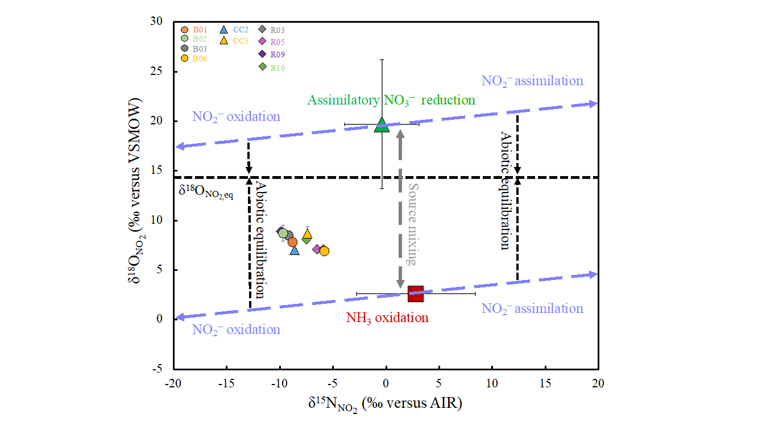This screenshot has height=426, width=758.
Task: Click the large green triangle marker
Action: coord(382,126)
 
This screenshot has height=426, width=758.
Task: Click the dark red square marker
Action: coord(416,294)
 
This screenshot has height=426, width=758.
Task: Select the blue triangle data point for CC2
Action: coord(294,250)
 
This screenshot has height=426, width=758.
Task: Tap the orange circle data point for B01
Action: coord(292,242)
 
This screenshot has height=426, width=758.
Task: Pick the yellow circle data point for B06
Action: coord(324,251)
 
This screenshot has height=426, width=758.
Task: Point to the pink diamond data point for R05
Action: coord(317,249)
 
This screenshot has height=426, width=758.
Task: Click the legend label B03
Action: coord(199,49)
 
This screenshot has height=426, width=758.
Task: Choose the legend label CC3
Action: coord(240,41)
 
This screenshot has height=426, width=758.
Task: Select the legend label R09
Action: coord(277,55)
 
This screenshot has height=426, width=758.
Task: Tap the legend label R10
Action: coord(277,68)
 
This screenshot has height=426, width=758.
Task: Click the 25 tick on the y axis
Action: coord(160,72)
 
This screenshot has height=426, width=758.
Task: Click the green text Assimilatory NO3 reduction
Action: coord(391,101)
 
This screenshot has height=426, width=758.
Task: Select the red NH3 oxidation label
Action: coord(387,318)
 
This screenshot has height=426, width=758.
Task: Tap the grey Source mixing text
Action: coord(413,224)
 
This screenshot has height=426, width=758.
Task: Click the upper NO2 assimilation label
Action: coord(532,81)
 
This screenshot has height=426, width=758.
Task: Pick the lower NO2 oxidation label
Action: coord(236,330)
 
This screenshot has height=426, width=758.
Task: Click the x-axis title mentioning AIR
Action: coord(384,404)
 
